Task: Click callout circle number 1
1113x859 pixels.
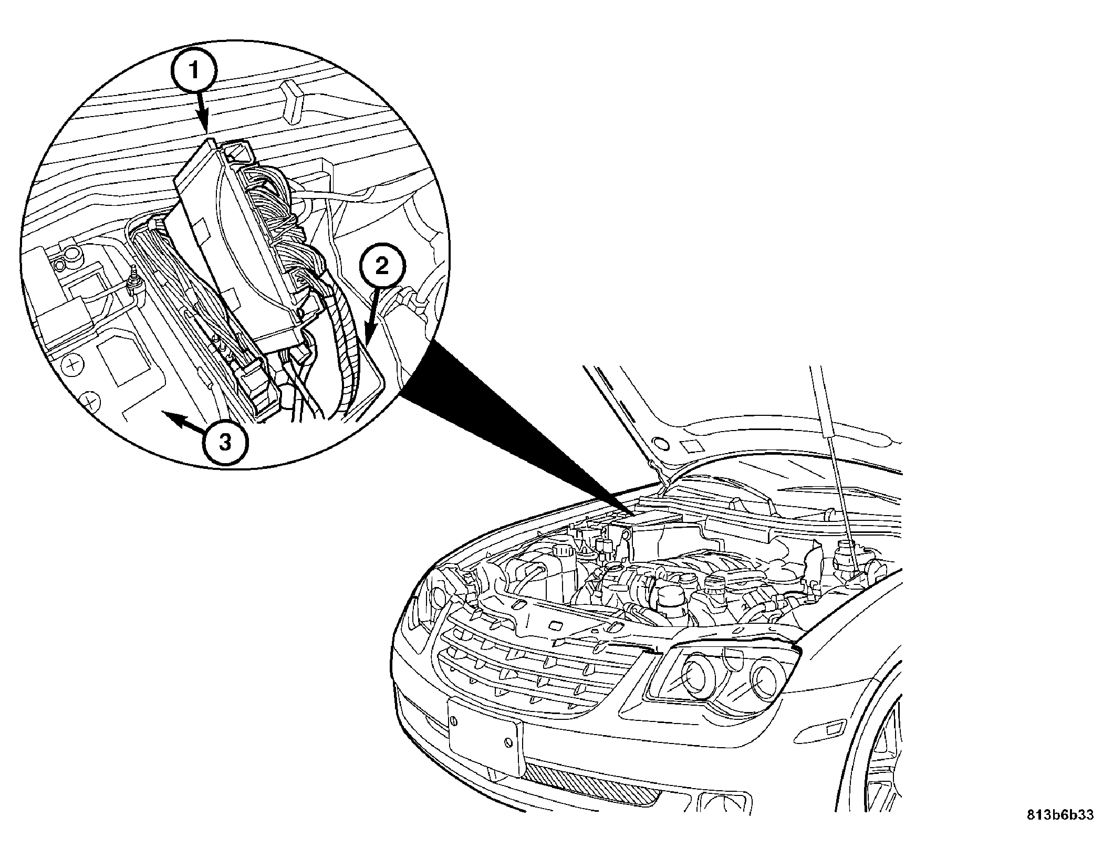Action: pos(194,71)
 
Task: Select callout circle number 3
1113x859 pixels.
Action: pos(225,442)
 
